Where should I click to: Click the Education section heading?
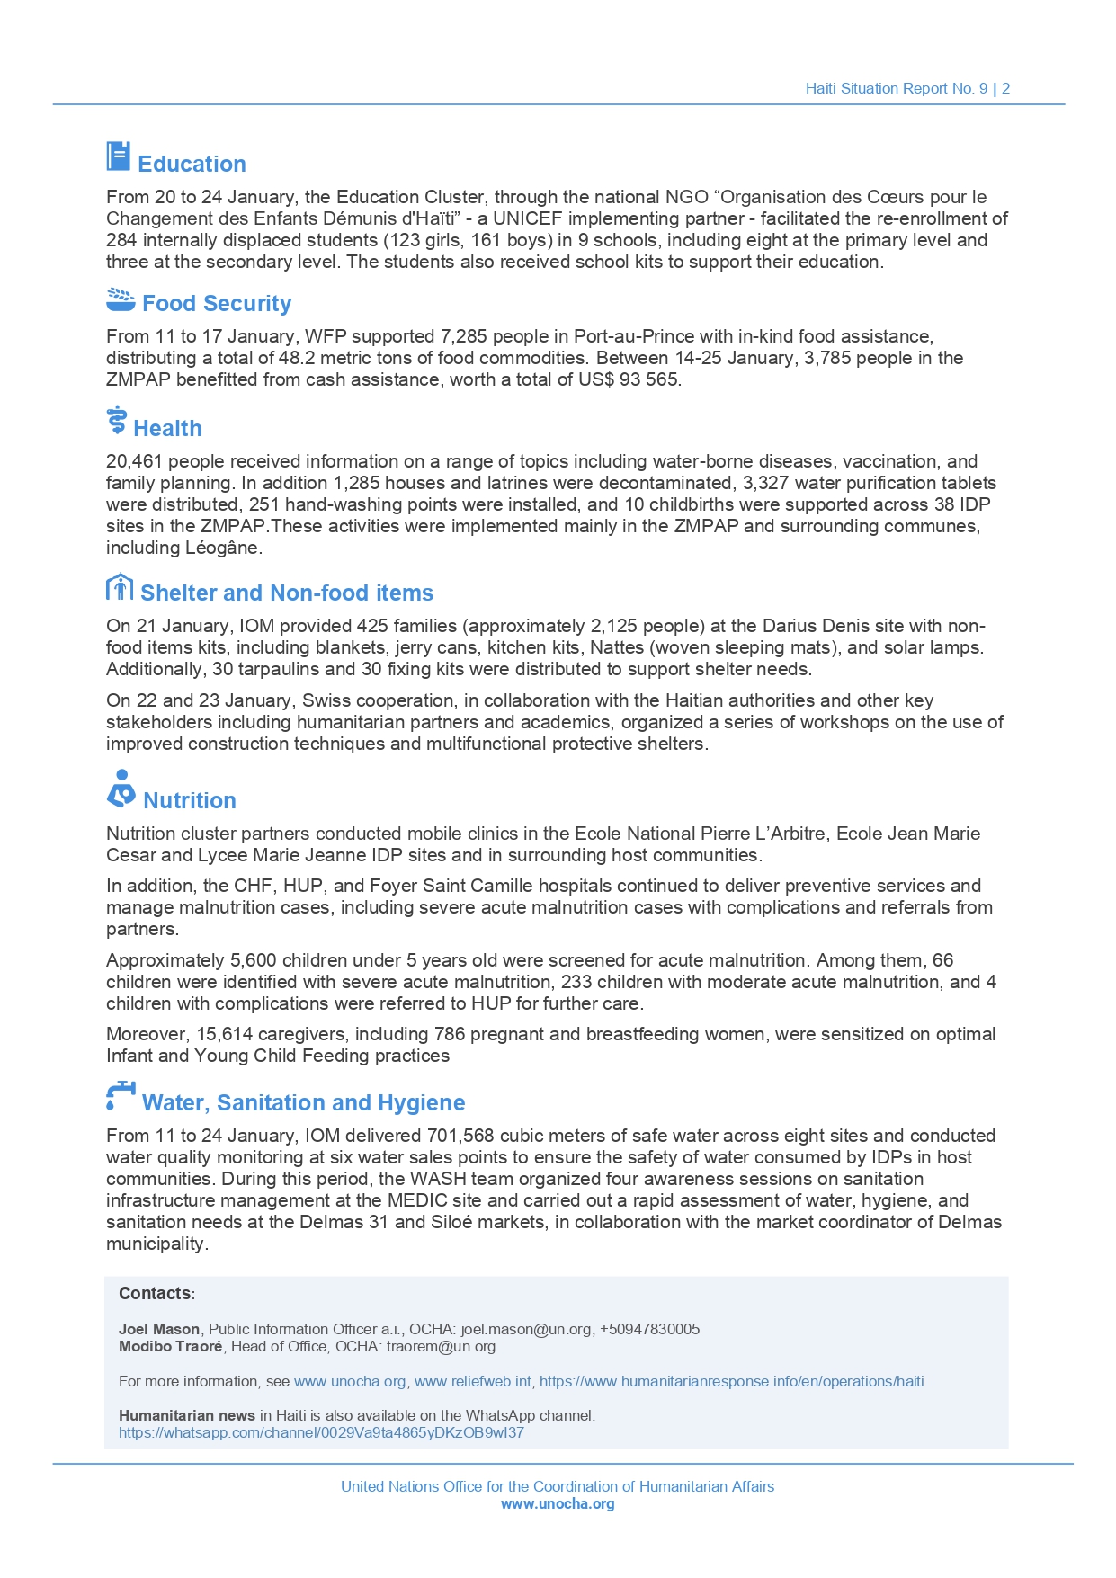tap(192, 165)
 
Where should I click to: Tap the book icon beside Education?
tap(118, 156)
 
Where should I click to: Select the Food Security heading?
tap(217, 304)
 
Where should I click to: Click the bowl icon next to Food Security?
tap(120, 299)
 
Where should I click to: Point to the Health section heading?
tap(167, 429)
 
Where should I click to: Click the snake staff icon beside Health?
tap(116, 421)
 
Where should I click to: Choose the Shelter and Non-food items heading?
tap(287, 593)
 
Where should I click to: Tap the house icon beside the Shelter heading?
tap(119, 587)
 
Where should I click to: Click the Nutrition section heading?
tap(190, 801)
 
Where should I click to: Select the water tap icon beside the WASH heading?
tap(120, 1095)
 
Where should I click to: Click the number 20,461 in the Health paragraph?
tap(134, 462)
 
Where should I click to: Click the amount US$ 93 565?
tap(629, 380)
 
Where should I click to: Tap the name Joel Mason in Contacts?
tap(159, 1330)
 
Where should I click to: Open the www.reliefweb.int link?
tap(473, 1382)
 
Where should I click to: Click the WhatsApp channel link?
tap(321, 1433)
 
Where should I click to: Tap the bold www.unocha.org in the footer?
tap(558, 1504)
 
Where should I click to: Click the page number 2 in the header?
tap(1006, 89)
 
